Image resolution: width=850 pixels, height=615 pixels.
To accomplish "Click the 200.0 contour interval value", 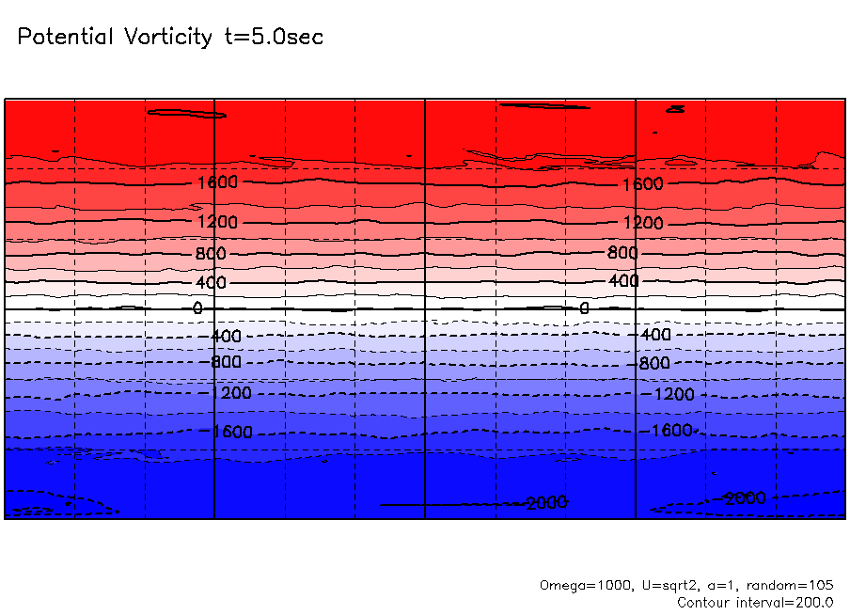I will point(814,603).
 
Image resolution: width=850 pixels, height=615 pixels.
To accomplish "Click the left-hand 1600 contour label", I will point(217,181).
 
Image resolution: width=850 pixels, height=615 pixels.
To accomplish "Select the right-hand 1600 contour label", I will point(642,183).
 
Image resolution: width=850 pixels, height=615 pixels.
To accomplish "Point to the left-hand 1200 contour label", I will point(217,222).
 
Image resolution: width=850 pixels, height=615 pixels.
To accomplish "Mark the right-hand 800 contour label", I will point(622,253).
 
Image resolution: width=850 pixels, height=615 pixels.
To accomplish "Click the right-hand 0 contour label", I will point(584,308).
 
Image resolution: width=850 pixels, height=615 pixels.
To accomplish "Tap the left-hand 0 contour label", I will point(197,307).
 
